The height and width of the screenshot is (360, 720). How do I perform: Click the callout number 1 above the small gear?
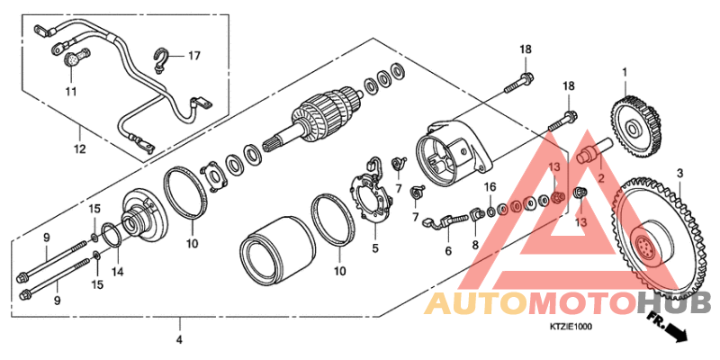click(x=623, y=72)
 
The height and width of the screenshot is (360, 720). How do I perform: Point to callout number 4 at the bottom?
click(x=179, y=340)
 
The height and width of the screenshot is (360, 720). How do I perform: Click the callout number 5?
click(x=376, y=247)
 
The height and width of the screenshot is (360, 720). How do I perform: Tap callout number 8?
click(x=475, y=245)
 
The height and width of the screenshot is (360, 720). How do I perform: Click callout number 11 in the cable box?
click(x=71, y=92)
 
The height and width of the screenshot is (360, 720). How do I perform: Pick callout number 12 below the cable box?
click(x=79, y=148)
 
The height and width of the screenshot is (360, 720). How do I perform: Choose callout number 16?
click(x=490, y=186)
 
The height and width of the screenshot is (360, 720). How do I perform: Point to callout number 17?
click(x=193, y=56)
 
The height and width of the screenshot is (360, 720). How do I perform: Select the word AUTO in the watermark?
click(x=474, y=305)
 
